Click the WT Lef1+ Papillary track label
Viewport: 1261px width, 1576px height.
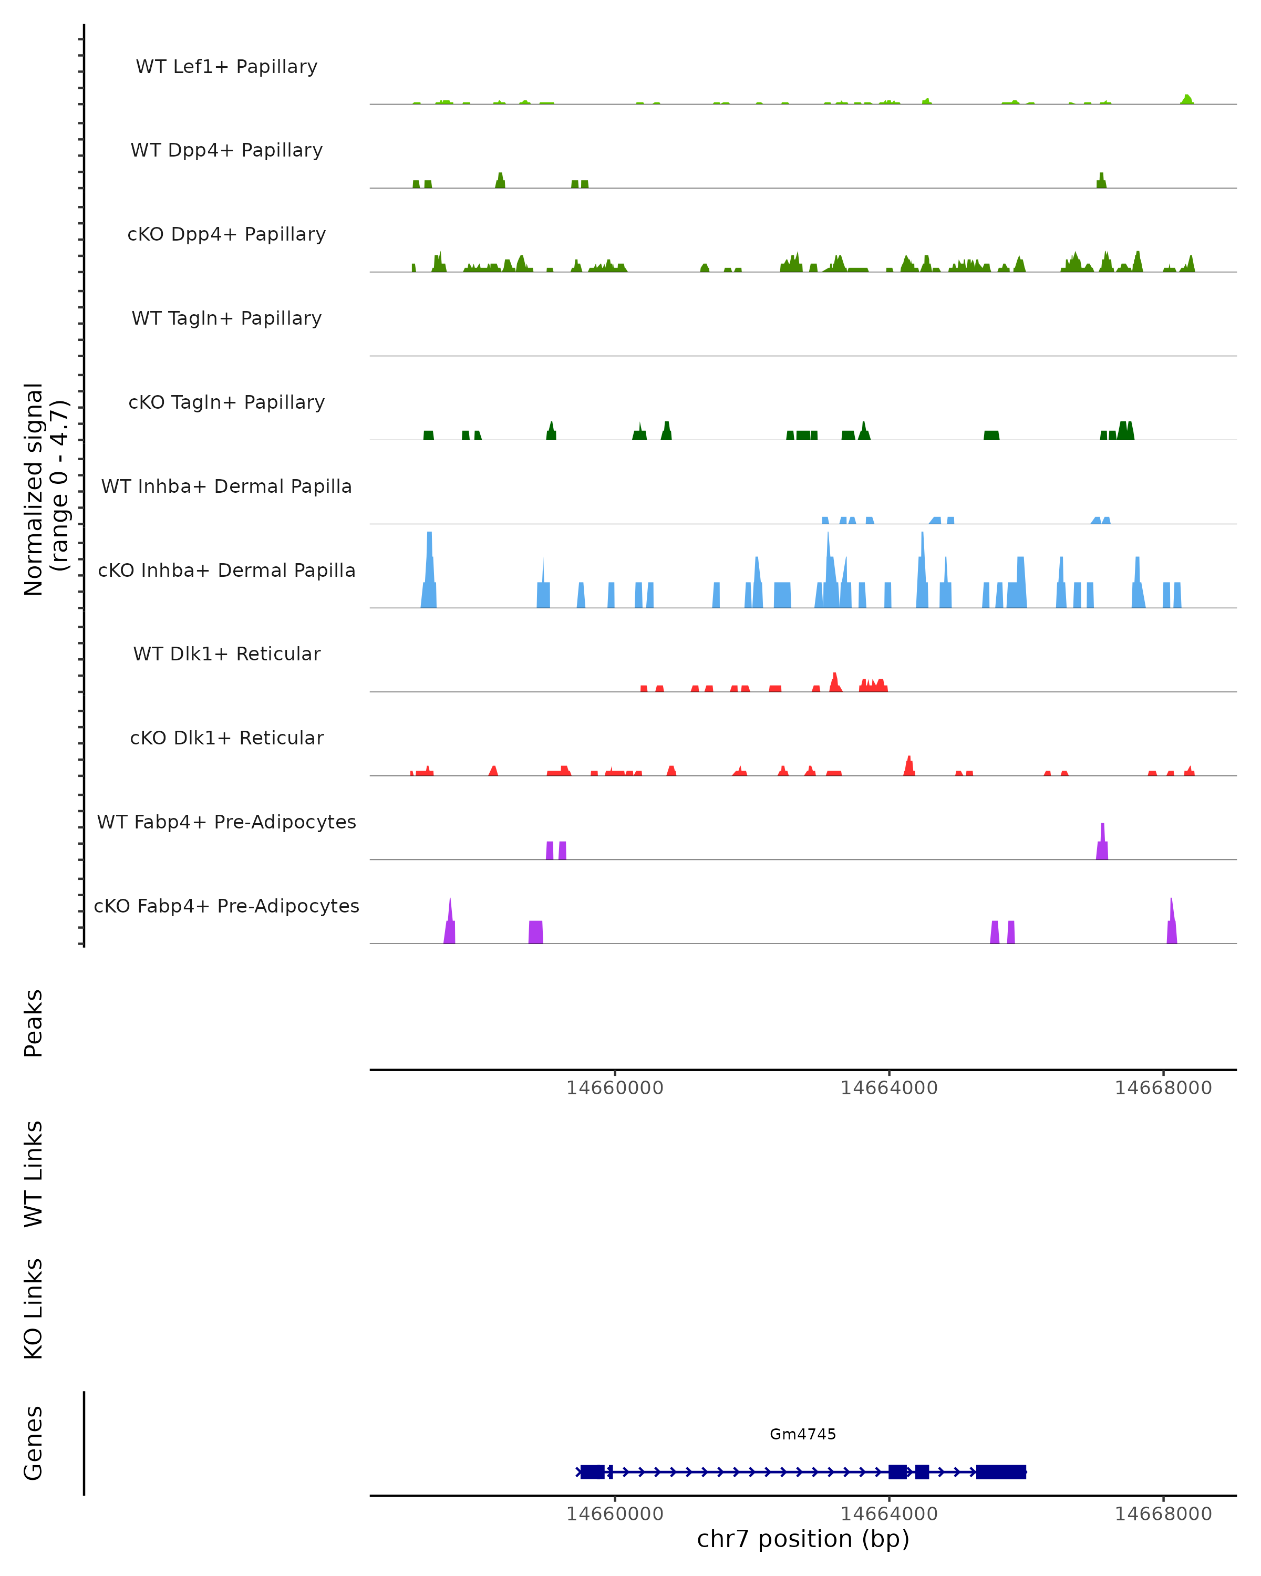226,67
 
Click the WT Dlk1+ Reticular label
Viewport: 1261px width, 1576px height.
226,654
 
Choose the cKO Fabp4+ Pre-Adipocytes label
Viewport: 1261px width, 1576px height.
226,906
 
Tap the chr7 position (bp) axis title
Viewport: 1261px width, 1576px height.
803,1539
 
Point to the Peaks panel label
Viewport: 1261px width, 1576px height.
34,1023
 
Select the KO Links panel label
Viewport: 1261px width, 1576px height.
34,1309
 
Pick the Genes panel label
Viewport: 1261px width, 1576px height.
34,1443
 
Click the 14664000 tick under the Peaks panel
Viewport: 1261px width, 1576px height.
889,1088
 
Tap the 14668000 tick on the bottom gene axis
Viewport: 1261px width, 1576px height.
1163,1514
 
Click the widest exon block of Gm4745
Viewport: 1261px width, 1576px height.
1001,1472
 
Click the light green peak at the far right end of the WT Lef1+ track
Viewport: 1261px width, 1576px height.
1187,99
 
